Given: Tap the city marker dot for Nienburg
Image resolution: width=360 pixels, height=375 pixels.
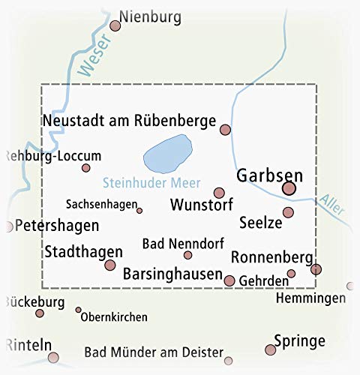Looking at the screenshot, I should click(x=115, y=26).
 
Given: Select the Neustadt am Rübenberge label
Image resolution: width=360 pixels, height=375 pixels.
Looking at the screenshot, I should click(x=130, y=120).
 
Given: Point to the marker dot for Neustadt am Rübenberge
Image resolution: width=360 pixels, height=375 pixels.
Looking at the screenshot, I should click(x=225, y=130).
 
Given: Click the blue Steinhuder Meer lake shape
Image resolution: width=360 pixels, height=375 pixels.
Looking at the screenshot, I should click(x=166, y=154).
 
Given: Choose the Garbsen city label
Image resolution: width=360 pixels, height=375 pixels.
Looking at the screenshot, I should click(x=269, y=175).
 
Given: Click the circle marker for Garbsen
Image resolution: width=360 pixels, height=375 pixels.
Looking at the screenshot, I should click(x=289, y=190).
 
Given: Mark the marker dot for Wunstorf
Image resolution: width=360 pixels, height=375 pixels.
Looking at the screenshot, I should click(x=219, y=193).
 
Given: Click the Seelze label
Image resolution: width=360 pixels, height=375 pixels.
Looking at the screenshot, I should click(x=259, y=223).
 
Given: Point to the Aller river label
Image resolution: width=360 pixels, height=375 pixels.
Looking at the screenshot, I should click(x=329, y=203).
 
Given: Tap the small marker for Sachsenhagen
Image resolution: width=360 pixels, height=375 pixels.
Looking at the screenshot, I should click(x=139, y=211).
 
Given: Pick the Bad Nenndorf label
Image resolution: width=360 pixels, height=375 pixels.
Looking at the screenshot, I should click(x=171, y=242).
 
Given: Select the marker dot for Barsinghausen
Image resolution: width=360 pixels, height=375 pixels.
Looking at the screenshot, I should click(x=229, y=280).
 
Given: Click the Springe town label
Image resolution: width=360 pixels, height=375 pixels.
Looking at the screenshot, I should click(x=301, y=340).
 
